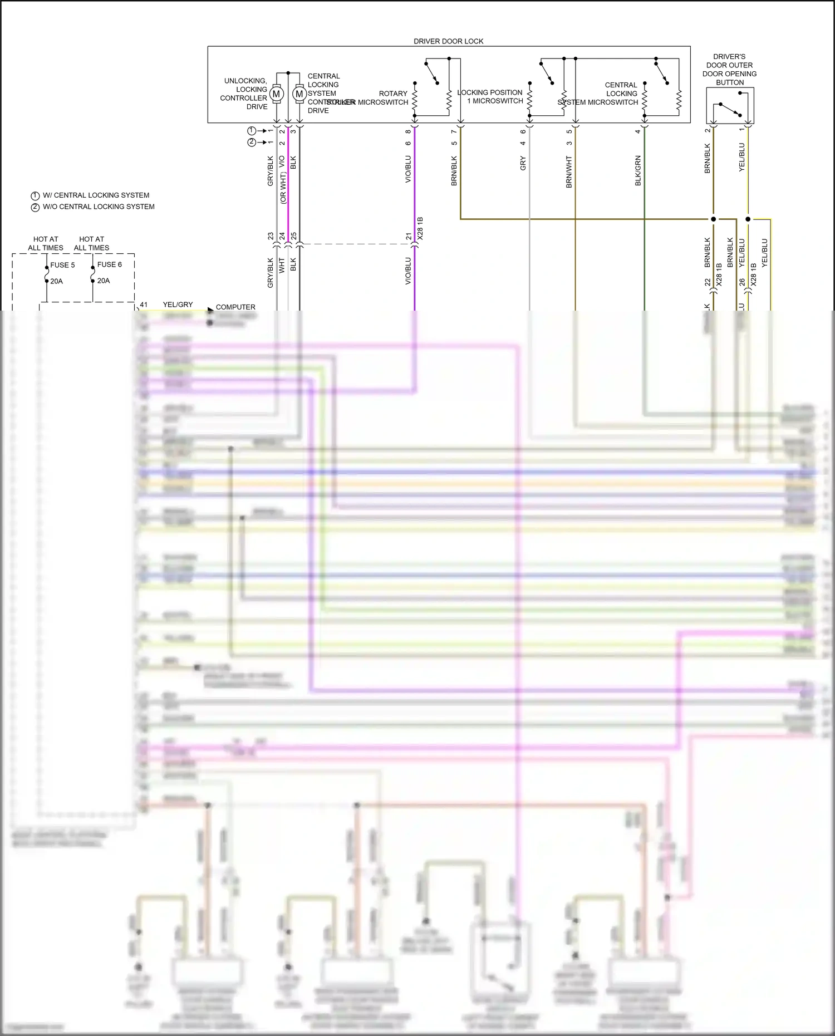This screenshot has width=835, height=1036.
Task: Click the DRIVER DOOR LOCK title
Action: pos(448,41)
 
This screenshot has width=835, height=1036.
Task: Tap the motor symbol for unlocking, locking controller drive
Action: pos(277,94)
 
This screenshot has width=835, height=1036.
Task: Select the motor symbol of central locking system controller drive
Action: pos(299,94)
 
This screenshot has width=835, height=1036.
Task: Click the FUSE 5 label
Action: pos(62,265)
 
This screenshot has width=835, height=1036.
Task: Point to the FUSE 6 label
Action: pos(109,264)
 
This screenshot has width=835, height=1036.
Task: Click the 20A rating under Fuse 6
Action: pos(104,281)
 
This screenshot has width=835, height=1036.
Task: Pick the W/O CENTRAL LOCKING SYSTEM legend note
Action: pos(99,207)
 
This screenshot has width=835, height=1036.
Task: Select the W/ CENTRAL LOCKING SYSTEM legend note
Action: pos(96,195)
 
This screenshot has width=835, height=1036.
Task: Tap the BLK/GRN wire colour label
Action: pos(638,170)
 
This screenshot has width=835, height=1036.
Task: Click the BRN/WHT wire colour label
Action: pos(569,171)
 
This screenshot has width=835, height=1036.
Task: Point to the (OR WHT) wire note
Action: pos(283,188)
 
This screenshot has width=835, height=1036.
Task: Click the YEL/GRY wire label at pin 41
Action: pos(178,305)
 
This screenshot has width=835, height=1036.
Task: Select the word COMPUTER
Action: pos(235,307)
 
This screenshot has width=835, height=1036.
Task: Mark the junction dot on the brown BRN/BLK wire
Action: pos(714,219)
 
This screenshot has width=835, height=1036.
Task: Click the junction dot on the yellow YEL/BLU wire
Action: pos(748,219)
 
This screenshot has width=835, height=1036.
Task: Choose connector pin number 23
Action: pos(271,236)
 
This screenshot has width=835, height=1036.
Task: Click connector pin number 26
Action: pos(742,282)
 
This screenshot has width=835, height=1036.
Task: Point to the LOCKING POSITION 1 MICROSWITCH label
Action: pos(490,97)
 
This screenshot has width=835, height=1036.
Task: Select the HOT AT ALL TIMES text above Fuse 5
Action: pos(46,243)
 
